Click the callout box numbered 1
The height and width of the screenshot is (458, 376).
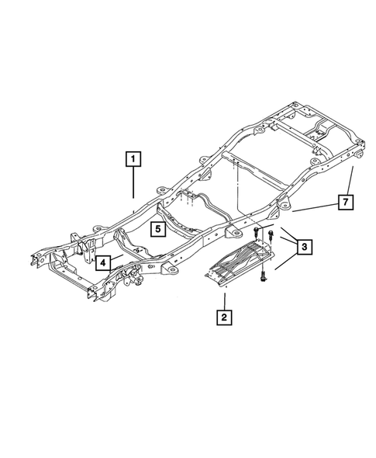coord(133,161)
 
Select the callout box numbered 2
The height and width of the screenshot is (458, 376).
coord(224,317)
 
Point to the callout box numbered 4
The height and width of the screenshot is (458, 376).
coord(102,262)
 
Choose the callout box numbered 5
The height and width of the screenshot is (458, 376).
coord(157,229)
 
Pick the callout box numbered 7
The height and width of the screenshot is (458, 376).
coord(346,203)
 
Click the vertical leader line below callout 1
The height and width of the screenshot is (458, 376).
coord(133,186)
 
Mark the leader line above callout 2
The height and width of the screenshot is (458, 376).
coord(224,299)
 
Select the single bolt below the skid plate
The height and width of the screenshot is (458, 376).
coord(264,274)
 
